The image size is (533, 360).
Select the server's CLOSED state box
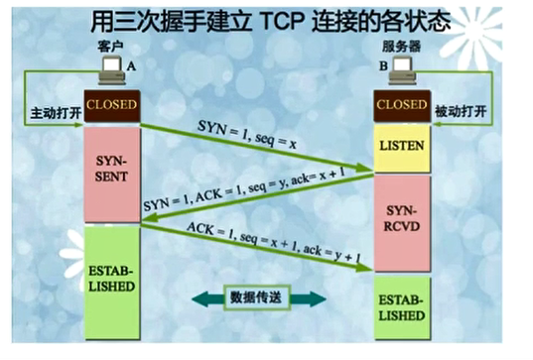pyautogui.click(x=402, y=103)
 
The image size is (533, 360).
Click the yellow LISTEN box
pyautogui.click(x=402, y=147)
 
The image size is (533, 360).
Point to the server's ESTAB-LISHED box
pyautogui.click(x=402, y=307)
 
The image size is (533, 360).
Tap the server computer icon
pyautogui.click(x=403, y=69)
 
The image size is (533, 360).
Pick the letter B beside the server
pyautogui.click(x=380, y=67)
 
